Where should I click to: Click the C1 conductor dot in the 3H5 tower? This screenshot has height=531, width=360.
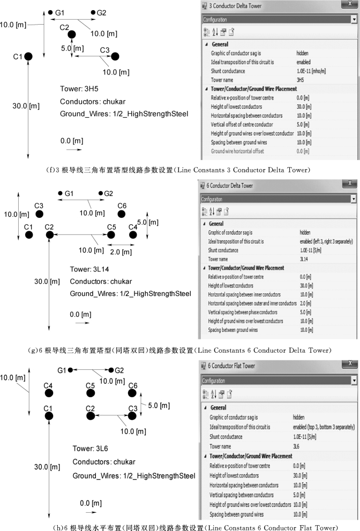point(28,56)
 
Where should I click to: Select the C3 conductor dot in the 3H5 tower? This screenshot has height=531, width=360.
point(114,56)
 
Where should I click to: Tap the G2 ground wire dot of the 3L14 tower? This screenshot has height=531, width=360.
point(101,193)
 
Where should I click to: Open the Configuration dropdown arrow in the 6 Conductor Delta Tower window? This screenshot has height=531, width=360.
point(354,199)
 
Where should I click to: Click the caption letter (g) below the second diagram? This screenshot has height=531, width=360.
point(34,350)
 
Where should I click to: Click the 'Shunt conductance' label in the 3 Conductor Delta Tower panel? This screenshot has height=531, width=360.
point(228,71)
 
